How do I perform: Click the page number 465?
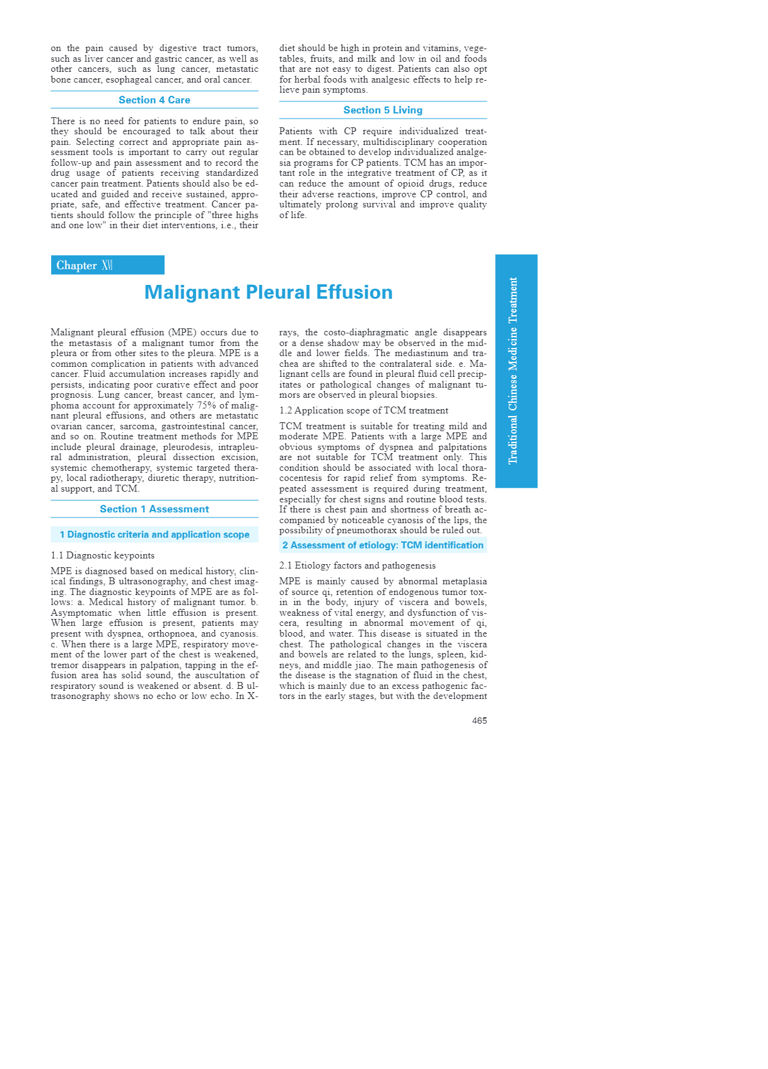pos(479,720)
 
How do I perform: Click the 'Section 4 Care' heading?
pos(154,100)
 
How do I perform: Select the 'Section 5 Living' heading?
pos(383,110)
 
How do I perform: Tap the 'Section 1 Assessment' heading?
pos(154,509)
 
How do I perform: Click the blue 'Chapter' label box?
pos(107,265)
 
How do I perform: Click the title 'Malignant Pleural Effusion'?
pos(269,292)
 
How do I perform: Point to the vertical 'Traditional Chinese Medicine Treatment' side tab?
pos(516,371)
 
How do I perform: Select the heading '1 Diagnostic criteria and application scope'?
pos(154,534)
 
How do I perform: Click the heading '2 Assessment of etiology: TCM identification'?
pos(383,545)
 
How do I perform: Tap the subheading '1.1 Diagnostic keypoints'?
pos(103,555)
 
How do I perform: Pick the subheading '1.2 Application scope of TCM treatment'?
pos(364,410)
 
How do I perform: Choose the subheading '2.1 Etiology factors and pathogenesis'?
pos(358,565)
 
